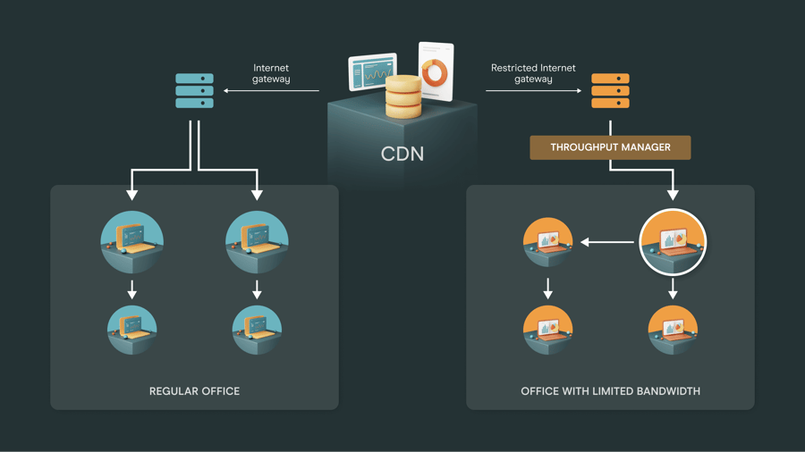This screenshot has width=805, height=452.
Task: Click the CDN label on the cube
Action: [402, 154]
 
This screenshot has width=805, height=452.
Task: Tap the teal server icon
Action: [194, 91]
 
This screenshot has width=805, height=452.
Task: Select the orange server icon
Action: [610, 91]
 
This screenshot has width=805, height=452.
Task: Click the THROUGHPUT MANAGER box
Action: [610, 147]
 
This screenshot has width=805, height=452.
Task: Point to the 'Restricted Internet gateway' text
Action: [533, 73]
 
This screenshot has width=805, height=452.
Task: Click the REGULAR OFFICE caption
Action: [194, 391]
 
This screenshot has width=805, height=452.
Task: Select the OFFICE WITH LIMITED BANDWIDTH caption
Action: [610, 391]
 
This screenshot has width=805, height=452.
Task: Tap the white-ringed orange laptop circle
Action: [673, 242]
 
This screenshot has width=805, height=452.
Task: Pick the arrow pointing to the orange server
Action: [533, 91]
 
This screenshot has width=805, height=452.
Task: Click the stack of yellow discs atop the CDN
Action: [403, 96]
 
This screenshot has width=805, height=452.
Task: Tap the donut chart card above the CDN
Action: [436, 71]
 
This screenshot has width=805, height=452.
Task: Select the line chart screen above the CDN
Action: [372, 72]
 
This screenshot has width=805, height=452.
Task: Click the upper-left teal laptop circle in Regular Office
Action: [132, 242]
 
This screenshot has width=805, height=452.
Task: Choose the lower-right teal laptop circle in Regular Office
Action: [257, 330]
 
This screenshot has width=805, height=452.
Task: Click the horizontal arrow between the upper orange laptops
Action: [607, 242]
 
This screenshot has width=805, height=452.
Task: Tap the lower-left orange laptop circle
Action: [547, 330]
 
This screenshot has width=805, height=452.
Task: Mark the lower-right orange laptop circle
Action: [673, 330]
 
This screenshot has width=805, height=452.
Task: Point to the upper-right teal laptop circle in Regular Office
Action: [257, 242]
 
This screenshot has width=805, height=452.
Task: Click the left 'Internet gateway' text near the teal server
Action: [271, 73]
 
